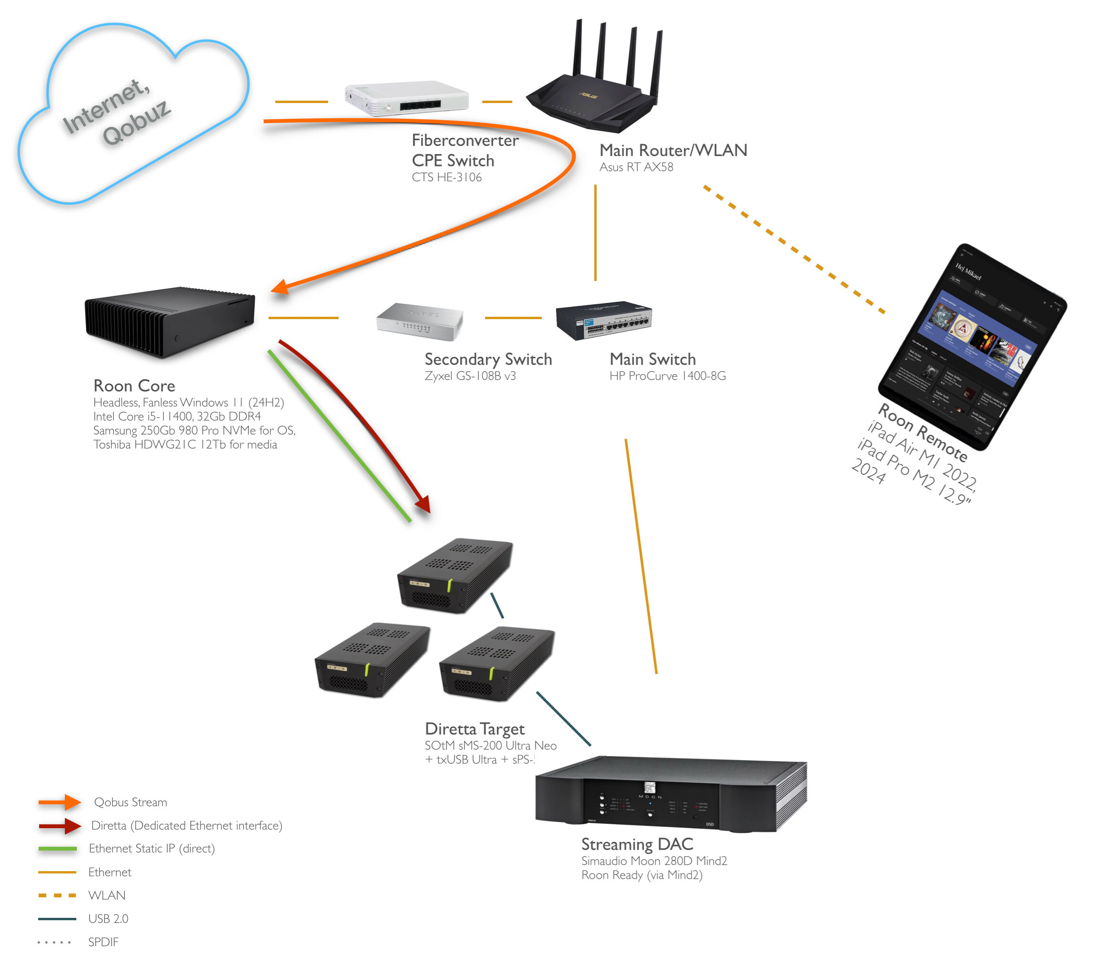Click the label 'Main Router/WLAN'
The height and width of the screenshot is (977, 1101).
click(673, 150)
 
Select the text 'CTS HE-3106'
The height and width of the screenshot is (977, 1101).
click(447, 177)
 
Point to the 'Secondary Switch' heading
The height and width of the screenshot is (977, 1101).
click(488, 359)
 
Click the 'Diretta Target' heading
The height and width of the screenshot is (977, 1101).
click(475, 729)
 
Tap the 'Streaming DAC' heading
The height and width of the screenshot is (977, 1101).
click(637, 844)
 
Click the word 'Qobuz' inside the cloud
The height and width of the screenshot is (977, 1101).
click(137, 123)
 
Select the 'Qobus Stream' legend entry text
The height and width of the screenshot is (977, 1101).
click(130, 802)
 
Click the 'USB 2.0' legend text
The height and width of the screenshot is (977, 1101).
click(108, 918)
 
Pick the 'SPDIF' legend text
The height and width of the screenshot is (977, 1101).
click(104, 941)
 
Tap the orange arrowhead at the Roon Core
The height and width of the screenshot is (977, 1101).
click(280, 287)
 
